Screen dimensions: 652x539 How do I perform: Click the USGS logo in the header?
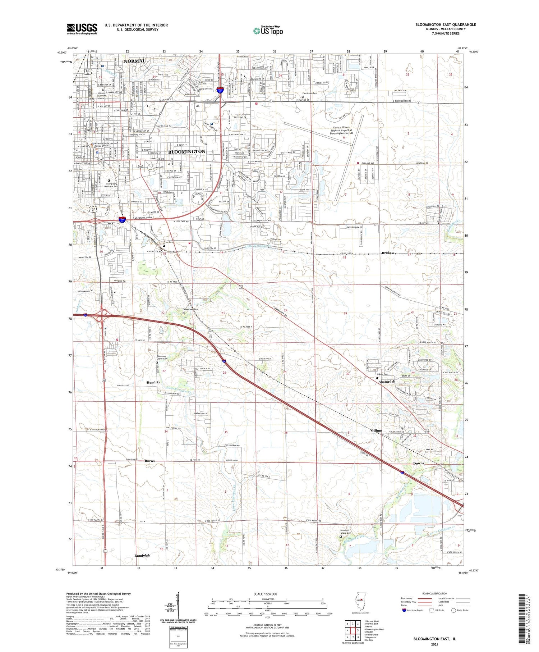[x=82, y=29]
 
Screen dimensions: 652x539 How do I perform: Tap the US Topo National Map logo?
[x=268, y=31]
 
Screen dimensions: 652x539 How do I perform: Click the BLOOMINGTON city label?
[x=187, y=152]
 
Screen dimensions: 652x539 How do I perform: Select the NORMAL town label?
[x=134, y=61]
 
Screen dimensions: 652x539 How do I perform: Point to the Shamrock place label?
[x=387, y=382]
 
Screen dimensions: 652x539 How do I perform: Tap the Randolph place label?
[x=142, y=556]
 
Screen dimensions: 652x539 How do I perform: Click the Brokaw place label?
[x=388, y=253]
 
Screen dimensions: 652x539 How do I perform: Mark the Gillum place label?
[x=376, y=430]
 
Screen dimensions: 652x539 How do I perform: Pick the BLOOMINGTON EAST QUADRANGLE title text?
[x=446, y=24]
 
